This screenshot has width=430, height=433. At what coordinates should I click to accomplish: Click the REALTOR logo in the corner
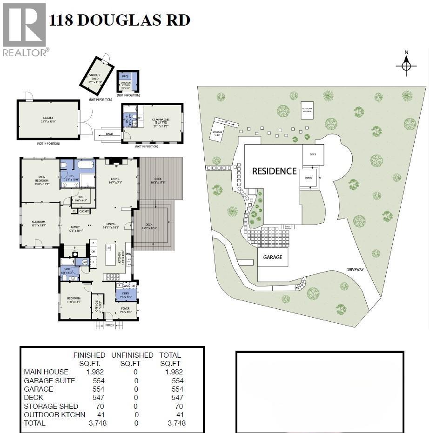coord(25,29)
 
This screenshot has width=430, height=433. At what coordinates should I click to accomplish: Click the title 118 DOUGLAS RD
coord(120,20)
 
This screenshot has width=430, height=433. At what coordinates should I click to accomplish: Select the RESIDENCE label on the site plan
coord(274,171)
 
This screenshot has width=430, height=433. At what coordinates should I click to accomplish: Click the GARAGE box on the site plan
coord(273,257)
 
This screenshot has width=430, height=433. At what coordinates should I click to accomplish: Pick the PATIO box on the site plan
coord(308,178)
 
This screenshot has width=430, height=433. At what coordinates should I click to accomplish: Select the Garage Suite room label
coord(161,122)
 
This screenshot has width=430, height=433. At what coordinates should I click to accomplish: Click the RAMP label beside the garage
coord(109,133)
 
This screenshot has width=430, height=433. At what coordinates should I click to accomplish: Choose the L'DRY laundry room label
coord(126,295)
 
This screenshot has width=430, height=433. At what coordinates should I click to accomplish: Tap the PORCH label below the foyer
coord(110,325)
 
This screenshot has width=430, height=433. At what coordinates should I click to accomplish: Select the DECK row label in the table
coord(34,397)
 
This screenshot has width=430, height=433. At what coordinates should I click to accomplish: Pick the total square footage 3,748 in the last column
coord(176,423)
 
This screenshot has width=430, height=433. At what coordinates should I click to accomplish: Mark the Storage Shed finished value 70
coord(100,406)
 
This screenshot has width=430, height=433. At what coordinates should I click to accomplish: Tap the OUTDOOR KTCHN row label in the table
coord(48,414)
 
